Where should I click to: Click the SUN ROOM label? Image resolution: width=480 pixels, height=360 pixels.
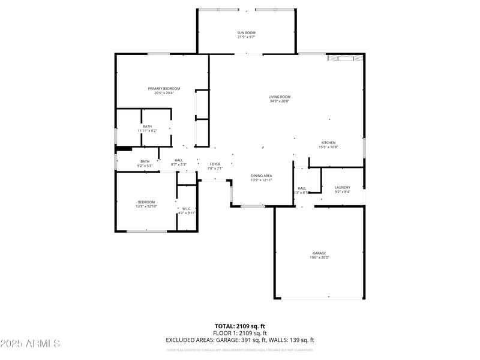[x=246, y=32]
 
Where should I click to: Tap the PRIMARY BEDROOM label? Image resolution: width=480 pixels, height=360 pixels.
[x=164, y=89]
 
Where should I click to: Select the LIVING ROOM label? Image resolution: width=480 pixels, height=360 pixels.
[x=280, y=97]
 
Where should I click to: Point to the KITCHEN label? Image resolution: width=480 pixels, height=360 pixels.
[x=327, y=143]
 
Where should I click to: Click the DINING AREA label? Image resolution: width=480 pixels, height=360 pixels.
[x=261, y=175]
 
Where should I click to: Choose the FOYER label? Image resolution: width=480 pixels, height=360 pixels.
[x=215, y=164]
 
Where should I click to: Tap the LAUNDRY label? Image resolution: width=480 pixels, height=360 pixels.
[x=342, y=187]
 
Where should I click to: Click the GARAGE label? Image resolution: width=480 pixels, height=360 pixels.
[x=319, y=253]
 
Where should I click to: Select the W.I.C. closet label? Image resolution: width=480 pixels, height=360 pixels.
[x=187, y=209]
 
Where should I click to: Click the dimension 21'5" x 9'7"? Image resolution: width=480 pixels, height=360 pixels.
[x=246, y=37]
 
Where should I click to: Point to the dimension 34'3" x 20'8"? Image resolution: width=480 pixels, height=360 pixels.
[x=280, y=101]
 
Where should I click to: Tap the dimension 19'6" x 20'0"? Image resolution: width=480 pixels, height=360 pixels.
[x=319, y=258]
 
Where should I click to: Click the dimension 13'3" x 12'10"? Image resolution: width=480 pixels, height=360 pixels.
[x=146, y=206]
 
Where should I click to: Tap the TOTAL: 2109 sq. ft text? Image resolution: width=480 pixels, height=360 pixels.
[x=240, y=326]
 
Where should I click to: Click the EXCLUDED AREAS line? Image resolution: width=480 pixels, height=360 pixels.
[x=240, y=340]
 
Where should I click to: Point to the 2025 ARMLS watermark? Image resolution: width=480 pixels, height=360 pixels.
[x=30, y=343]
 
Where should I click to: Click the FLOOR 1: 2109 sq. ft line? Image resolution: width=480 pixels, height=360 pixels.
[x=240, y=333]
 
